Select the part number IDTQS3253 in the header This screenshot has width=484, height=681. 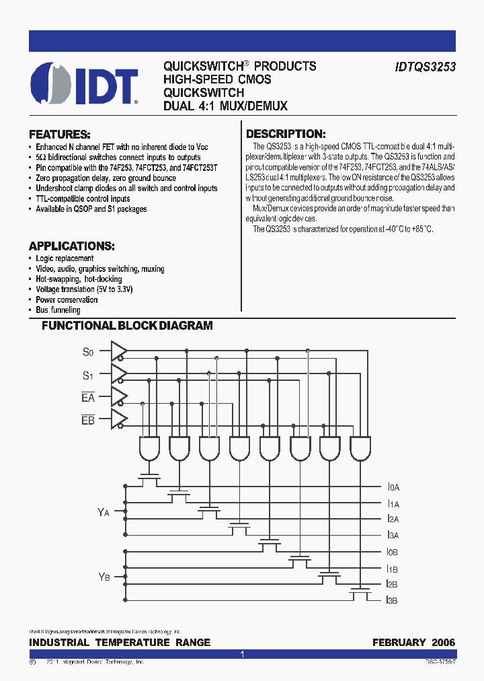point(424,67)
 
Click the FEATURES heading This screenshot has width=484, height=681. point(60,134)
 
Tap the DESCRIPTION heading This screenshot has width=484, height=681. point(286,134)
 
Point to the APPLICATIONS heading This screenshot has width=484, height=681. point(72,246)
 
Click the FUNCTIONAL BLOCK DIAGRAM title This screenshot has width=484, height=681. point(127,326)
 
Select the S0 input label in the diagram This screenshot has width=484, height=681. point(89,351)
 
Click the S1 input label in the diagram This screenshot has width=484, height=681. point(89,374)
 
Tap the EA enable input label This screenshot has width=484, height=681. point(88,398)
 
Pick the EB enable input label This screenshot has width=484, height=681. point(88,421)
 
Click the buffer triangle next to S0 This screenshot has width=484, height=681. point(118,349)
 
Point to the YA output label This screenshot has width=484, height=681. point(103,512)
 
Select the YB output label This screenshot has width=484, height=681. point(104,577)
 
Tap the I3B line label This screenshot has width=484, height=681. point(393,600)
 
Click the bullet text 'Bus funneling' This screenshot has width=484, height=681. point(58,310)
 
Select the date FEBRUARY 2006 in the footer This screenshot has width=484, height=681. point(413,643)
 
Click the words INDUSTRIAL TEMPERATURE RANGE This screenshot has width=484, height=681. point(120,643)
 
